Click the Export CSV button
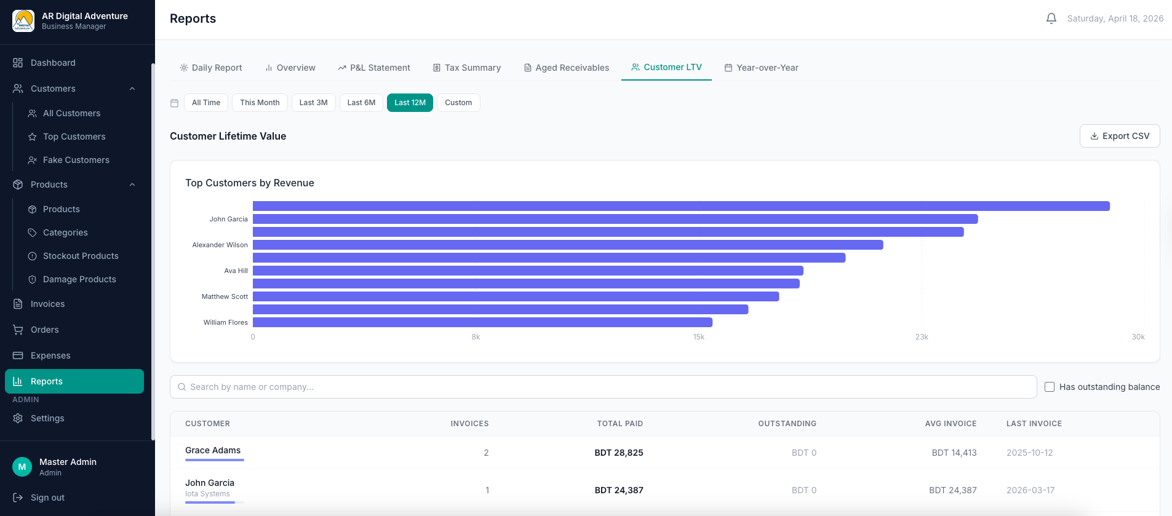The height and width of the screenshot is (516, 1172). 1119,136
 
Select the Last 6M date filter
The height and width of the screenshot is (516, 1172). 361,103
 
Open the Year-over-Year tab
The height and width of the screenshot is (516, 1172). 761,68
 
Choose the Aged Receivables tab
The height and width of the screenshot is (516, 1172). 566,68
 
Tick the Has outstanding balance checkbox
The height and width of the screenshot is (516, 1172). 1050,387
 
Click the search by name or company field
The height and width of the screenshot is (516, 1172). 603,387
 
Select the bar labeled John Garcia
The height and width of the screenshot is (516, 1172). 615,219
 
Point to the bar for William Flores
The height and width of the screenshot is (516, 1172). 482,322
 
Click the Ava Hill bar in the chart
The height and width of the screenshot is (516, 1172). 528,271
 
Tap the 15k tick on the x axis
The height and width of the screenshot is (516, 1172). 699,337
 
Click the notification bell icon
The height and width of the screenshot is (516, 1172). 1051,18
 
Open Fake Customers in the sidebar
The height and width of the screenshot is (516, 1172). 76,160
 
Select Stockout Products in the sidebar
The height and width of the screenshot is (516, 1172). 81,256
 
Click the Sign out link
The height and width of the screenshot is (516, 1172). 47,498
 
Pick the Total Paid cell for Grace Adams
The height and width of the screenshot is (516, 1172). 618,453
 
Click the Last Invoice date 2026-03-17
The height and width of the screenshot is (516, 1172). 1030,490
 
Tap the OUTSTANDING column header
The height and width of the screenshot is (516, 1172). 787,424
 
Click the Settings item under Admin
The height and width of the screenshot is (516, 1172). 47,418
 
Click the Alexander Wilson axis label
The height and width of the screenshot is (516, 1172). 220,245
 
